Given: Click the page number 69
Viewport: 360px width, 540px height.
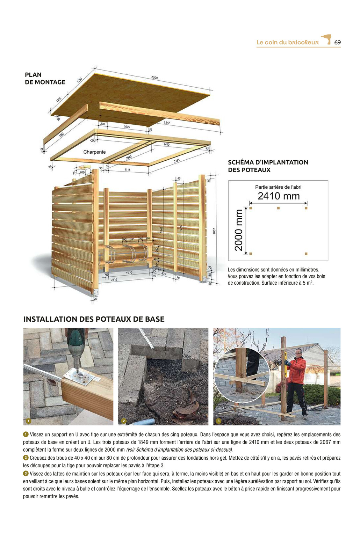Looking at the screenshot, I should pos(337,42).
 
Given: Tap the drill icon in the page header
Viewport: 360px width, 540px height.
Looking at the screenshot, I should pos(326,39).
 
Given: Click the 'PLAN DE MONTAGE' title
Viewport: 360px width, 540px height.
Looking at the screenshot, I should pos(45,79).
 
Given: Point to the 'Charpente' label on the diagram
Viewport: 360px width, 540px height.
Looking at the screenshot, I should pos(94,152).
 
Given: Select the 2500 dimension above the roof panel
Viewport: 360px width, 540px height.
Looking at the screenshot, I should pos(154,78).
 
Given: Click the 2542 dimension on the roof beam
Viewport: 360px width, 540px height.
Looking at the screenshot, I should pos(167,123).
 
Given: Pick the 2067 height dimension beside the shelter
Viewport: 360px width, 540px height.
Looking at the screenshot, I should pos(214,231).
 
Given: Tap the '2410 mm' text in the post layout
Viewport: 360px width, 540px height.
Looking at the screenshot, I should pos(279,196).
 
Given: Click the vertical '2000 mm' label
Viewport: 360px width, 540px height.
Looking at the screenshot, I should pos(238,230).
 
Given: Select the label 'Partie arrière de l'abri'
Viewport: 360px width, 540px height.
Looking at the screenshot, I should pos(278,187).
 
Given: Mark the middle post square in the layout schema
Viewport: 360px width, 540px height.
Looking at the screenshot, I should pos(278,208).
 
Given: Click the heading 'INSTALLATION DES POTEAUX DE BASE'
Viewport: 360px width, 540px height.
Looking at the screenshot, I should pos(94,319).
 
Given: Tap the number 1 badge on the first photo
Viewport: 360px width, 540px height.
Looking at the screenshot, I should pos(29,421).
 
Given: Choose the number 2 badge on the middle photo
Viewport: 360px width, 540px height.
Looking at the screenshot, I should pos(123,421).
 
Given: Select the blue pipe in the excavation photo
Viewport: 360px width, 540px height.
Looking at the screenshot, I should pos(144,422).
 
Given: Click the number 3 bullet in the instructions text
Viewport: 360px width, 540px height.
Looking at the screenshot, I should pos(26,473).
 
